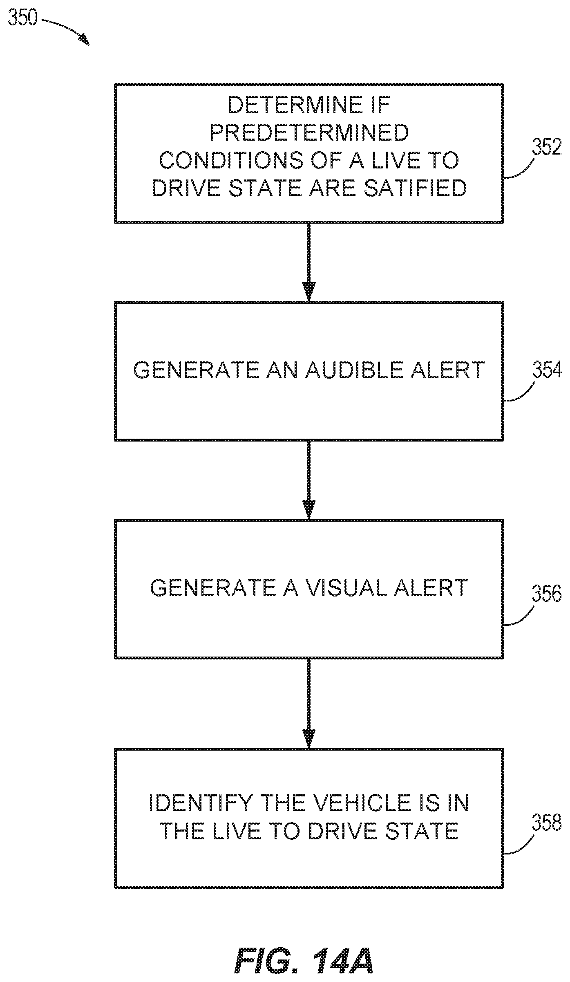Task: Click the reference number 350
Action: (x=23, y=18)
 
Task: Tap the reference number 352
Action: (x=546, y=148)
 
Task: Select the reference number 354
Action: (x=546, y=370)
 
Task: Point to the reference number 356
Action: (x=546, y=593)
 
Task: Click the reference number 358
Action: (x=546, y=822)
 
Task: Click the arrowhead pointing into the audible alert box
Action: (x=309, y=292)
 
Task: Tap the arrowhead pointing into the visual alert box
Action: (x=309, y=510)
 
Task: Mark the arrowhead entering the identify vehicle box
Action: (x=309, y=739)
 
